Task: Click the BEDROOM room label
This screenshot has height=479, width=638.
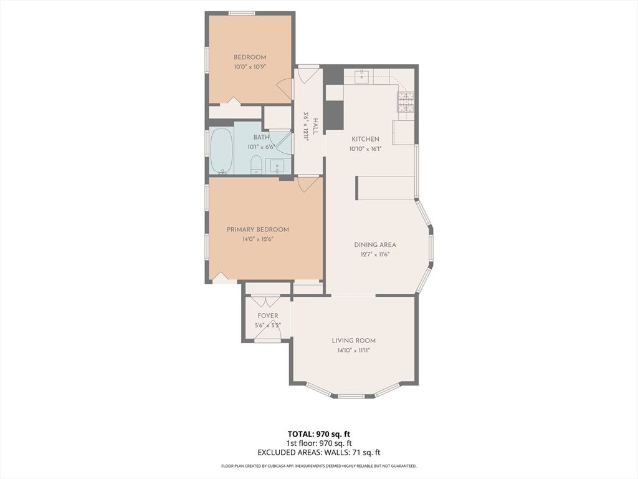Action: [x=249, y=57]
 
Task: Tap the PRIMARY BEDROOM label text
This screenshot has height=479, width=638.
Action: [x=257, y=230]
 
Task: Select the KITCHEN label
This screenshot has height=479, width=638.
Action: [x=365, y=139]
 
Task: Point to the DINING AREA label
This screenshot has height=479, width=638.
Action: [x=374, y=244]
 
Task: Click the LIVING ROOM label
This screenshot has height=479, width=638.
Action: [x=354, y=341]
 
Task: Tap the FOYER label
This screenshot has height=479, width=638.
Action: [x=268, y=316]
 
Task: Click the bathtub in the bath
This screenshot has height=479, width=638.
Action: [x=221, y=151]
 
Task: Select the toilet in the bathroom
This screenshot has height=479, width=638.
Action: [x=256, y=165]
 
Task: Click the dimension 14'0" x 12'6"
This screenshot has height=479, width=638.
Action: [x=257, y=239]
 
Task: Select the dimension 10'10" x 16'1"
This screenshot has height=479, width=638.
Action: [x=365, y=149]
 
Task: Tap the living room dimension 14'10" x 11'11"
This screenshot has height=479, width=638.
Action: [x=354, y=351]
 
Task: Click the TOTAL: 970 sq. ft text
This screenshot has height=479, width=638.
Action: [x=319, y=434]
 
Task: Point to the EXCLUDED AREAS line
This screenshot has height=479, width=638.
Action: [x=319, y=452]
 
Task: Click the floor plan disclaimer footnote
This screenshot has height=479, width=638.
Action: [x=319, y=466]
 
